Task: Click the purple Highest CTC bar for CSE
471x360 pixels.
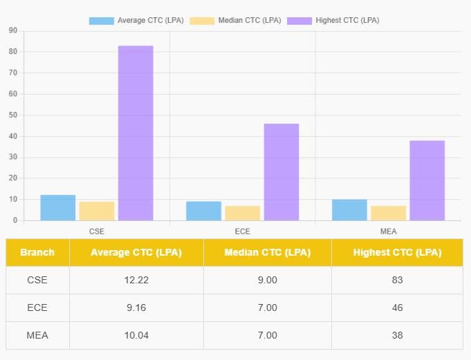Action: point(135,133)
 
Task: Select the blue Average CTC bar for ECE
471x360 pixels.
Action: point(203,211)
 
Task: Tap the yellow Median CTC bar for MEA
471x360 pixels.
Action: point(388,213)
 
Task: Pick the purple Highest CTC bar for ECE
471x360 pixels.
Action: point(281,172)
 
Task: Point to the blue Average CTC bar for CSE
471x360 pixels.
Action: point(57,207)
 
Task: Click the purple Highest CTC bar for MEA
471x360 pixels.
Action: point(427,180)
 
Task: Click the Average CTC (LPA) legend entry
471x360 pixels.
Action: point(136,21)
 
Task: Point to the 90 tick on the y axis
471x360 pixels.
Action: point(13,31)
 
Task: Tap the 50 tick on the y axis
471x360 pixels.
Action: point(13,115)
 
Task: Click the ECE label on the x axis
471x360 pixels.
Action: point(242,231)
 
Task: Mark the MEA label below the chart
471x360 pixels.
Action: point(389,231)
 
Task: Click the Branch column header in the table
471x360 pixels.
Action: point(37,252)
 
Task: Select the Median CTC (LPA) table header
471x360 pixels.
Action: point(267,252)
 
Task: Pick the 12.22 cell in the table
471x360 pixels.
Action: point(136,280)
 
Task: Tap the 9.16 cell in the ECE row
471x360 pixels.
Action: point(136,307)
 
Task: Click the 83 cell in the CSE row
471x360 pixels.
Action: point(397,280)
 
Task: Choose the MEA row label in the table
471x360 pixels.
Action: point(37,335)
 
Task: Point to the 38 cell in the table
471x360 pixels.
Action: point(397,335)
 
